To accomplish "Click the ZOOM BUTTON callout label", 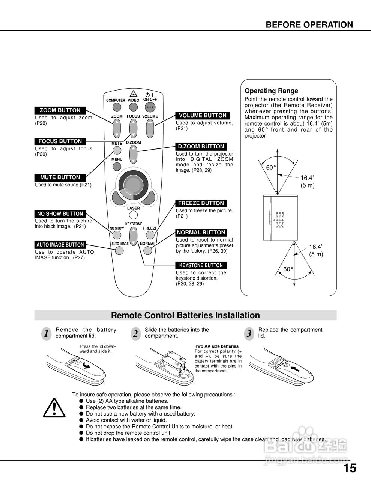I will coord(60,110).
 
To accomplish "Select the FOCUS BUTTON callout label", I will coord(60,141).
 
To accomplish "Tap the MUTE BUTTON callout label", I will coord(60,177).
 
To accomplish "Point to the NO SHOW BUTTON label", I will coord(60,214).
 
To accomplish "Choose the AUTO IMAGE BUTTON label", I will coord(60,245).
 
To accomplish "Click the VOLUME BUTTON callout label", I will coord(203,115).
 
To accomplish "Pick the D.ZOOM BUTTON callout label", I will coord(201,147).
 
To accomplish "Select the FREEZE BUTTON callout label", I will coord(201,203).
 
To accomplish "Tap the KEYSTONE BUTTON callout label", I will coord(201,265).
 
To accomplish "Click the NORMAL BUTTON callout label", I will coord(201,233).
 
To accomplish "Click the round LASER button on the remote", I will coord(133,215).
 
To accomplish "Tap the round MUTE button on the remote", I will coord(117,151).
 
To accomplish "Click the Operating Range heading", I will coord(271,91).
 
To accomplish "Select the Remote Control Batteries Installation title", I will coord(185,315).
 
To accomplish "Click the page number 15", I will coord(350,468).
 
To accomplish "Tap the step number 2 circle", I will coord(135,334).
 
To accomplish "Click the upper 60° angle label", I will coord(271,168).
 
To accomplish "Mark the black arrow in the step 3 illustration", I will coord(296,368).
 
